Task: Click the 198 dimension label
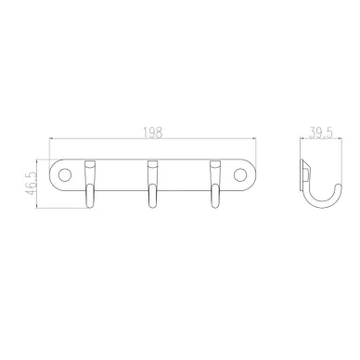[x=153, y=133]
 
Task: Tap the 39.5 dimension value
[x=321, y=133]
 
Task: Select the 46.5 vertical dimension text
[x=31, y=183]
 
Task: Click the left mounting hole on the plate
[x=65, y=175]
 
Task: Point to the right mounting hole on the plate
[x=240, y=175]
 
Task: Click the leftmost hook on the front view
[x=90, y=184]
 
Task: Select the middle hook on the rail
[x=152, y=184]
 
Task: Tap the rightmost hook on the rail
[x=215, y=184]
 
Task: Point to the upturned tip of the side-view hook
[x=339, y=186]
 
